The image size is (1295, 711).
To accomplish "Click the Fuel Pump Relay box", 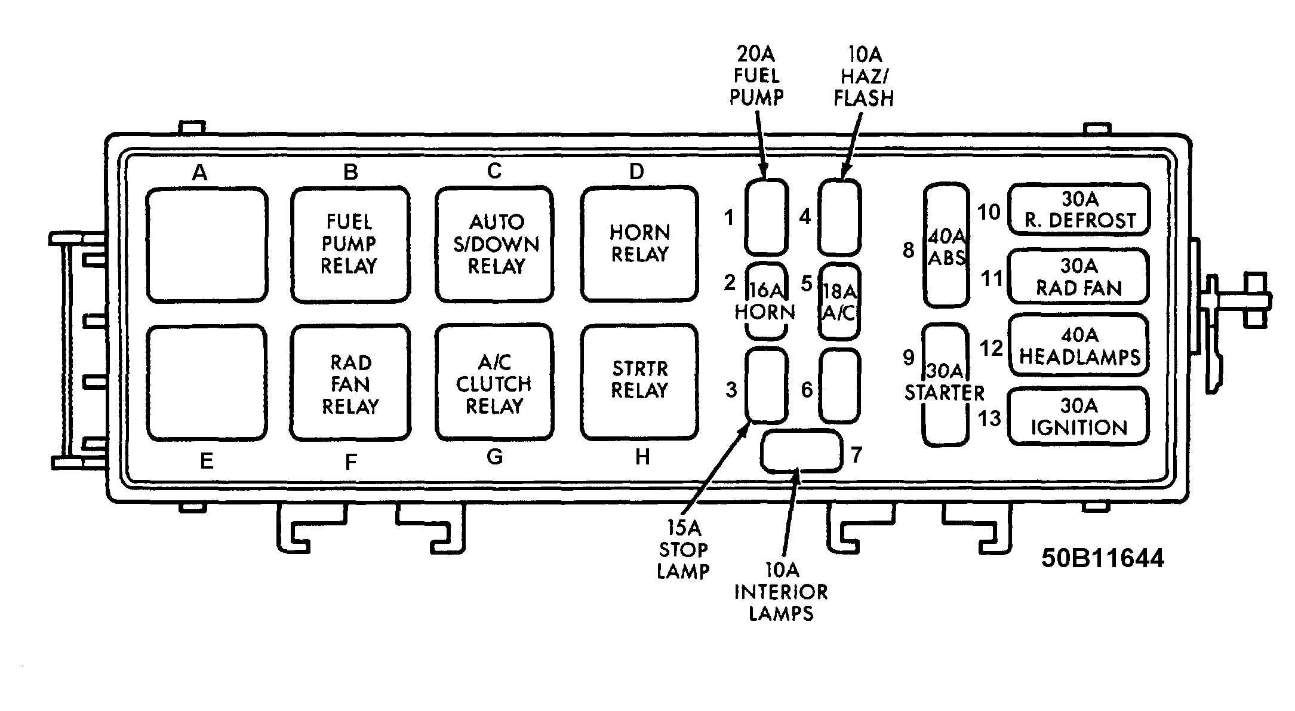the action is click(x=350, y=245).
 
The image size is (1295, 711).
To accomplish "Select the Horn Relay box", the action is click(x=639, y=244).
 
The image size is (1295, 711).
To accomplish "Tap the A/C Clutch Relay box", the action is click(x=494, y=383).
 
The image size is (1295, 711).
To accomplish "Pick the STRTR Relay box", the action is click(x=639, y=383).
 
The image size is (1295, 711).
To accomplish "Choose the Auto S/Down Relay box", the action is click(x=494, y=245).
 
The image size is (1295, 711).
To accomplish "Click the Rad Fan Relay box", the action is click(x=350, y=383).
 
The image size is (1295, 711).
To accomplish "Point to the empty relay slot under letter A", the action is click(x=207, y=245).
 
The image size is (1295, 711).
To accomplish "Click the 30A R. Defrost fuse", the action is click(x=1079, y=210).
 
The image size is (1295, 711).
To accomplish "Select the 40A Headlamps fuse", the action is click(x=1079, y=344).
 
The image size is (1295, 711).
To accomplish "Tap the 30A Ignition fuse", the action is click(x=1079, y=417).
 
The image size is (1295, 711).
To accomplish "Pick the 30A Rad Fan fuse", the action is click(x=1079, y=277).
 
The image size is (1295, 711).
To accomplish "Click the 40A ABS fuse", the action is click(x=946, y=245).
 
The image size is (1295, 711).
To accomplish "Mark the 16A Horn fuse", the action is click(x=766, y=301).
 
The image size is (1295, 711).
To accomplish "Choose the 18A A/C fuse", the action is click(x=839, y=301).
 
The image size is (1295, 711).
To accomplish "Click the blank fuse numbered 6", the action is click(x=839, y=386).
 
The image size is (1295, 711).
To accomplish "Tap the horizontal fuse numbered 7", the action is click(x=802, y=451).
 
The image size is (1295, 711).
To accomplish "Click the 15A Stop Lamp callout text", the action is click(x=683, y=550).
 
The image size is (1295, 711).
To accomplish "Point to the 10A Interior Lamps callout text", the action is click(x=782, y=592).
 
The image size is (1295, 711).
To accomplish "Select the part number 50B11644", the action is click(x=1103, y=558).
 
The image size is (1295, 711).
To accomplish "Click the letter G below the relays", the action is click(x=495, y=457).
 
